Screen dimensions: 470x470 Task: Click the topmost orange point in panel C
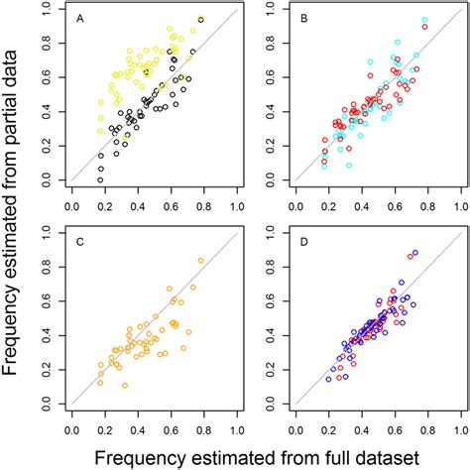tap(201, 261)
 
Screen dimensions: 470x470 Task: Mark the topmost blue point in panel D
tap(414, 253)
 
